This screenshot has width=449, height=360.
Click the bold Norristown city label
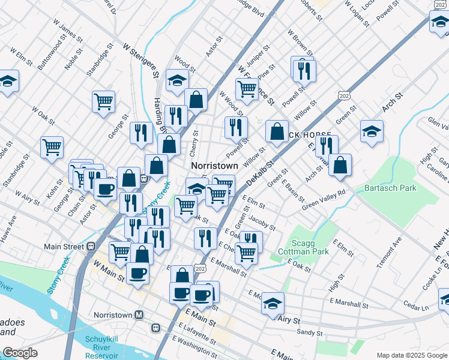pyautogui.click(x=214, y=165)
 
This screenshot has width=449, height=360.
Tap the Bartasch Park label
pyautogui.click(x=390, y=188)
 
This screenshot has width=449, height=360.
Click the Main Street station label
pyautogui.click(x=65, y=246)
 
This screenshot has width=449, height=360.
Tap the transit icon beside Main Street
pyautogui.click(x=92, y=246)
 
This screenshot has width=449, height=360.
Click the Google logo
pyautogui.click(x=20, y=353)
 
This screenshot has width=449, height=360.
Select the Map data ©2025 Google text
pyautogui.click(x=411, y=355)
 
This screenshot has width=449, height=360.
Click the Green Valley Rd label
pyautogui.click(x=324, y=200)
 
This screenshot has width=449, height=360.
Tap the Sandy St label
pyautogui.click(x=310, y=332)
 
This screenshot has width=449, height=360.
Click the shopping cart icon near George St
pyautogui.click(x=103, y=101)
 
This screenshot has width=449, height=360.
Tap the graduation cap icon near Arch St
pyautogui.click(x=372, y=131)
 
